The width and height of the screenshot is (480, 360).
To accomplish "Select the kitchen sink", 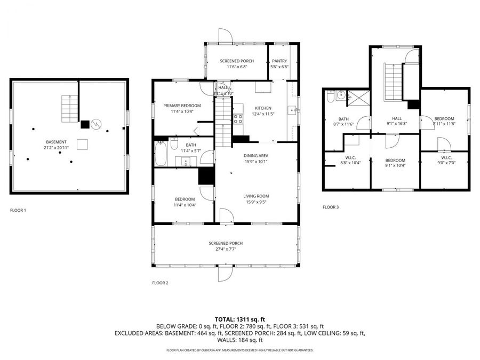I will point(292,111).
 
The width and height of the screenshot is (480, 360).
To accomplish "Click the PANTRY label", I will point(280,61).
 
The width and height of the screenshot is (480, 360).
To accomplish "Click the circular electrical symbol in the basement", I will point(95,124).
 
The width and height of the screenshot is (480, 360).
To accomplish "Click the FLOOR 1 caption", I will point(18,210).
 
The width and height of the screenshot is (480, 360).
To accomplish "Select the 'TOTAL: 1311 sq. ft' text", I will point(239,319).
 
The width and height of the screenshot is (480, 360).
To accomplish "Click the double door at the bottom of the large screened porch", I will point(225,273).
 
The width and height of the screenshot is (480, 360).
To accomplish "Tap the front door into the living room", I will point(226,215).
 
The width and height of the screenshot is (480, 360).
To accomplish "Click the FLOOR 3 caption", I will point(331,207).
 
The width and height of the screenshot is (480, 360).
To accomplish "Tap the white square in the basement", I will point(82,145).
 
